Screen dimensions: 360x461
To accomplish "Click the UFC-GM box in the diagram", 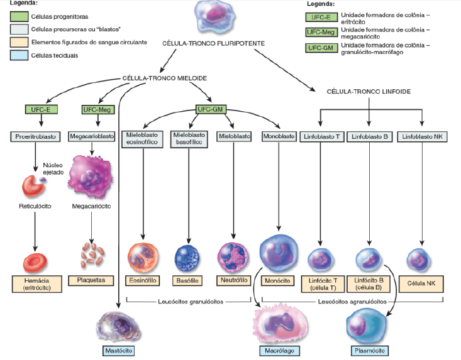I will (x=211, y=109).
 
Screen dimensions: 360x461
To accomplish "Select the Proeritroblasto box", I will (x=34, y=136).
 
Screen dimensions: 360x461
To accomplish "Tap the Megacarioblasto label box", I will (x=92, y=136).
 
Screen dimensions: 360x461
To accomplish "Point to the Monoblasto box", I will (x=277, y=136).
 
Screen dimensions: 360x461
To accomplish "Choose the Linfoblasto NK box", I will (x=421, y=136).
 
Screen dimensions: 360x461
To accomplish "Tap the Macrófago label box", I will (x=277, y=350).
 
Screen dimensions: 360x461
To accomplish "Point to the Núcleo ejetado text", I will (x=53, y=168).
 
